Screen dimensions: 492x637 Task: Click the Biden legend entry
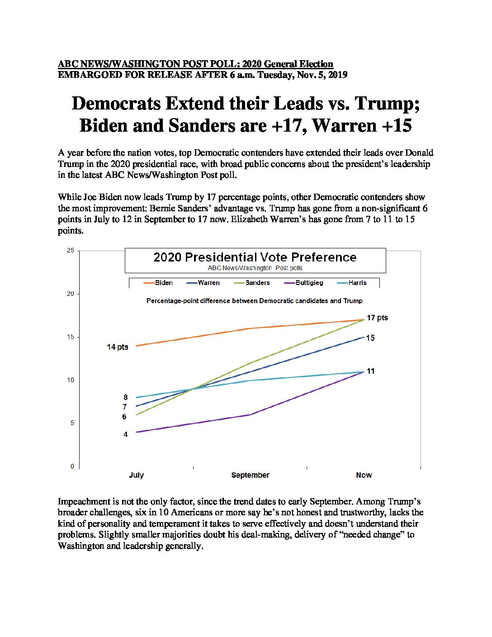click(x=158, y=283)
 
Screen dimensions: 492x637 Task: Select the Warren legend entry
click(x=203, y=283)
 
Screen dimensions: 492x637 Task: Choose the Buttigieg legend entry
click(x=303, y=283)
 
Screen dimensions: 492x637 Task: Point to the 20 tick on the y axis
click(x=71, y=294)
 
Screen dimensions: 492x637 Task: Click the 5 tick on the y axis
click(x=72, y=423)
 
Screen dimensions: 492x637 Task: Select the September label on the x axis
click(x=250, y=475)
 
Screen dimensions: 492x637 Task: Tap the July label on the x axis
click(x=136, y=475)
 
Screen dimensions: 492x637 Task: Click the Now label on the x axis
click(x=364, y=475)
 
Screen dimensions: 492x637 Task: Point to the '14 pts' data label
click(x=118, y=347)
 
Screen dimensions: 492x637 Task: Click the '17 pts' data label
click(x=378, y=318)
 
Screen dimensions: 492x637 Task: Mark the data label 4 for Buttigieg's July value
click(x=125, y=434)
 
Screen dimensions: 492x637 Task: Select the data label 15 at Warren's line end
click(x=370, y=338)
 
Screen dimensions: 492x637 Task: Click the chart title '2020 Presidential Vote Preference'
click(x=255, y=257)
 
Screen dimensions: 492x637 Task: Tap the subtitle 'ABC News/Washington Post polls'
click(x=255, y=268)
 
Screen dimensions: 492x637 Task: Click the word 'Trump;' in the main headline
click(x=387, y=104)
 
